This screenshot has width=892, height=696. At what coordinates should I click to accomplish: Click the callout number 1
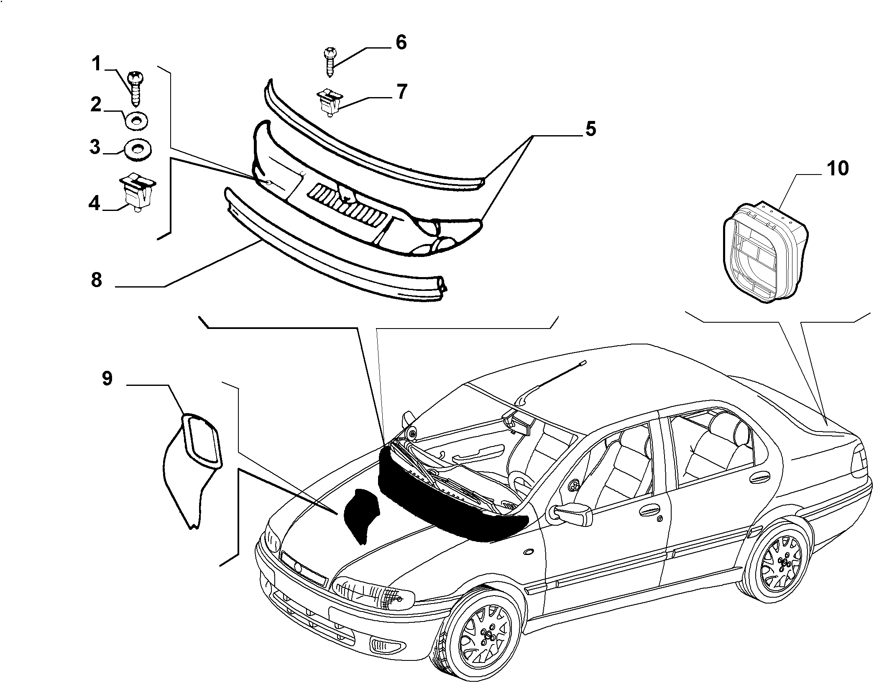pyautogui.click(x=97, y=64)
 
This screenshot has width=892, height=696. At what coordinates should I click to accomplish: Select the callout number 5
pyautogui.click(x=590, y=128)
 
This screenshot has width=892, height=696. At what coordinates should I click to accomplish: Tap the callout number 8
pyautogui.click(x=97, y=280)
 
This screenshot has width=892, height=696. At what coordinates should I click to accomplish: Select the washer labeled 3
pyautogui.click(x=138, y=149)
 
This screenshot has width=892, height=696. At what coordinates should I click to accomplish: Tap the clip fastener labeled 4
pyautogui.click(x=138, y=193)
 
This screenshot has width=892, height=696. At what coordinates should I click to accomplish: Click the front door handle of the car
pyautogui.click(x=651, y=511)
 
